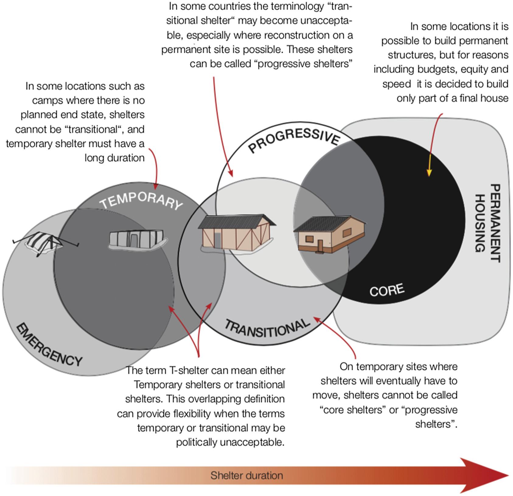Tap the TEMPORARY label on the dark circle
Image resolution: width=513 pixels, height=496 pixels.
point(141,201)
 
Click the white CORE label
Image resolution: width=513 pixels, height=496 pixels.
point(387,290)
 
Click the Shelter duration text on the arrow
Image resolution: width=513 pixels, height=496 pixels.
point(246,475)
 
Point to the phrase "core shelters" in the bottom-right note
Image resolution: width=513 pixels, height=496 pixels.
point(351,410)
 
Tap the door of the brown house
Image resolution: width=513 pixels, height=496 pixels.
point(320,245)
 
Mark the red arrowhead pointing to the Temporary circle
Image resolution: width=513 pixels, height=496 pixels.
point(156,186)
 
